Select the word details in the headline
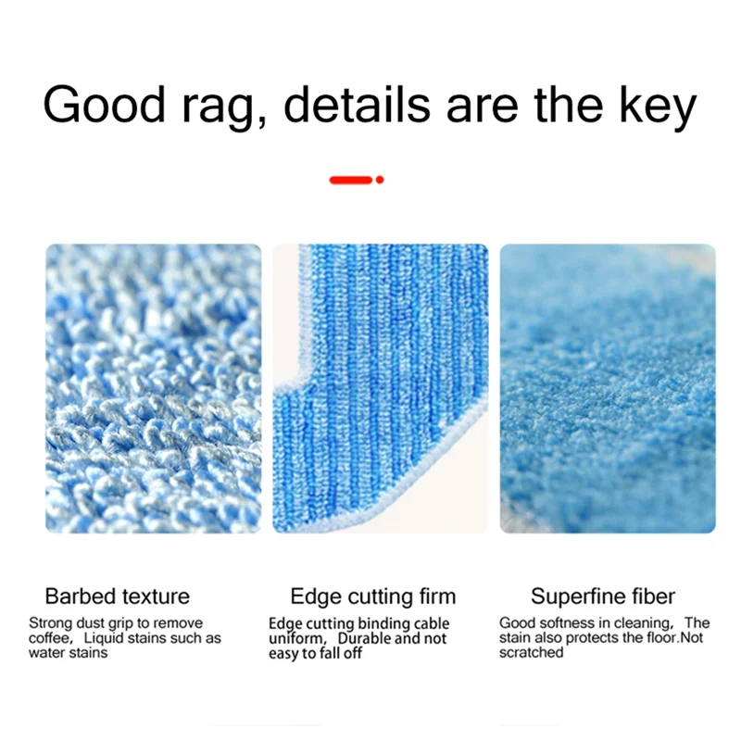tap(357, 105)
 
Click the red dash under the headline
tap(351, 180)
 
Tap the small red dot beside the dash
tap(380, 180)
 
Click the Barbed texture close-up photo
tap(154, 388)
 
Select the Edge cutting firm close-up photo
tap(380, 388)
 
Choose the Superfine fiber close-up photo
tap(608, 388)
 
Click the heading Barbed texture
tap(117, 596)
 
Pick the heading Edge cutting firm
tap(373, 596)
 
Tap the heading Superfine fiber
tap(603, 596)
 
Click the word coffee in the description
tap(52, 638)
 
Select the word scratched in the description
tap(531, 652)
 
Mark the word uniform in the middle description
tap(295, 638)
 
